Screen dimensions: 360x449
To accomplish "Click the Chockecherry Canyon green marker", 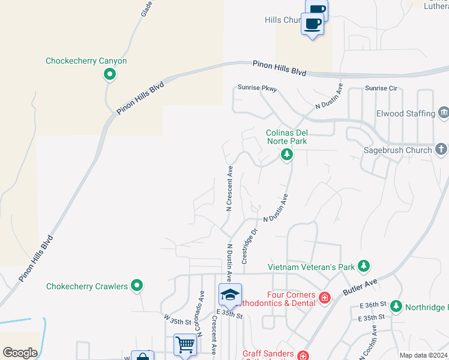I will [x=110, y=74].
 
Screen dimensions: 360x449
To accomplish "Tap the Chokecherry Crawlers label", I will [x=87, y=287].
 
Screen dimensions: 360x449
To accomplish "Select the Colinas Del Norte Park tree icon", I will [x=287, y=155].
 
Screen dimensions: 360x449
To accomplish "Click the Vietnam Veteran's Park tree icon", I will [x=363, y=265].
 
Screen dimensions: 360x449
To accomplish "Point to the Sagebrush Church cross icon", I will [x=441, y=149].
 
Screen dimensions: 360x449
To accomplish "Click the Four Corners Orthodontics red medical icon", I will [x=325, y=297].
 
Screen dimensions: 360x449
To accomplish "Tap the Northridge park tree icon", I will [x=396, y=307].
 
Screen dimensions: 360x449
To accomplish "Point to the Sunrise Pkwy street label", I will [x=258, y=88].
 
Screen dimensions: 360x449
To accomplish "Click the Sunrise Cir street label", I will [x=381, y=88].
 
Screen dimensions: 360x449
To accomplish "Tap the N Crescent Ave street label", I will [x=229, y=188].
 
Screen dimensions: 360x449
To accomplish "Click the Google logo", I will [x=20, y=353].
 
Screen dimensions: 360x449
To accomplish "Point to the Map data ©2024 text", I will [x=423, y=355].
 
